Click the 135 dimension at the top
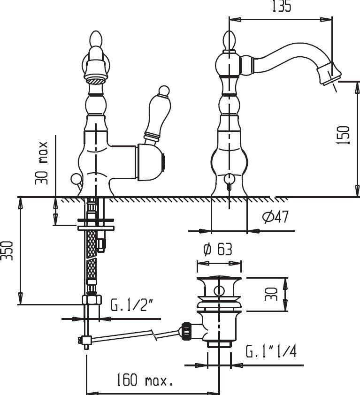282,6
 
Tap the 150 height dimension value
344,135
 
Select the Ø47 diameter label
276,217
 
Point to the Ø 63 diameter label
218,249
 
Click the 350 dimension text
7,251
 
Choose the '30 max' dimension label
41,163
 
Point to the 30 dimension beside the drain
271,294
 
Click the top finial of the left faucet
97,39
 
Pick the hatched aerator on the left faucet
96,81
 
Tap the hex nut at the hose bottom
92,300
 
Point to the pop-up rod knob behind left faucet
76,179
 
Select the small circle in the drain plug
219,291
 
